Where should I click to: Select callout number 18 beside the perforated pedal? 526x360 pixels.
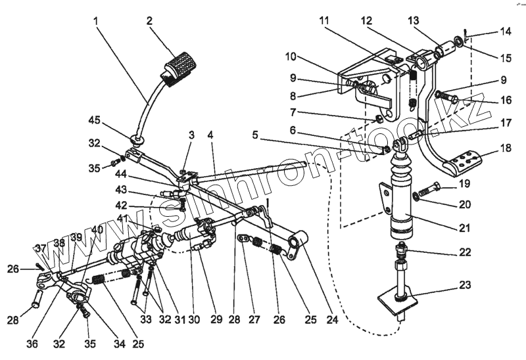coord(505,149)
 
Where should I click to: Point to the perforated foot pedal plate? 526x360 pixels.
coord(469,160)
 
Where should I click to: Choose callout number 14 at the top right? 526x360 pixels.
coord(505,32)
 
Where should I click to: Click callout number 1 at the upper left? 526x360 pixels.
coord(97,20)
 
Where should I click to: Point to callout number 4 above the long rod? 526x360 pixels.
coord(211,135)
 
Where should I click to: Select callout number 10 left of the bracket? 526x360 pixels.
coord(291,57)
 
